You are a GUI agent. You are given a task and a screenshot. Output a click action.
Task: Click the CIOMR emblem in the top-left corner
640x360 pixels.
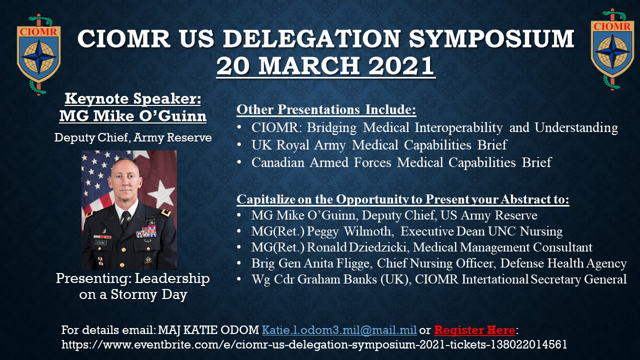[x=38, y=54]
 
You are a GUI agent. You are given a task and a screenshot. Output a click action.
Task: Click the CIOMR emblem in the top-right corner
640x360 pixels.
[x=612, y=49]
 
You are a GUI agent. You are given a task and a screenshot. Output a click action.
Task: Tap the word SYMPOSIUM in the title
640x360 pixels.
[x=491, y=38]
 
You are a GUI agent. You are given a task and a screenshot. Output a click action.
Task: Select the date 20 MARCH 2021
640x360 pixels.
[x=325, y=66]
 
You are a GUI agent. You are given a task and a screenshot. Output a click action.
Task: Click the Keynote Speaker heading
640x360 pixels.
[x=133, y=99]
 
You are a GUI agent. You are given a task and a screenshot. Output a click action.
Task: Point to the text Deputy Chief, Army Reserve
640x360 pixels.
[x=133, y=137]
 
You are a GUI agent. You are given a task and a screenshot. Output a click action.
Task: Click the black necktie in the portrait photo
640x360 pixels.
[x=125, y=220]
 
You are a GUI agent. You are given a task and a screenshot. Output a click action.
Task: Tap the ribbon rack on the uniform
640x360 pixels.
[x=146, y=231]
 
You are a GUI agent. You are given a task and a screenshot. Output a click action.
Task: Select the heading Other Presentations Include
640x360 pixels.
[x=326, y=109]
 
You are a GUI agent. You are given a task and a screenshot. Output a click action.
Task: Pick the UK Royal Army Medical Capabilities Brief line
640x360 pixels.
[x=379, y=145]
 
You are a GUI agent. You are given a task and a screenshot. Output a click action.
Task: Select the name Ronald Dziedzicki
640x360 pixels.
[x=356, y=247]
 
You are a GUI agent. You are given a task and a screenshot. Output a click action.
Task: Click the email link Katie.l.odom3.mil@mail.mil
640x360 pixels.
[x=339, y=330]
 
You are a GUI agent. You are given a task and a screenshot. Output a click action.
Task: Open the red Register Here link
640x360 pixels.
[x=474, y=330]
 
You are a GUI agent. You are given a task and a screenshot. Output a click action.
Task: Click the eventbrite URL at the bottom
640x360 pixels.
[x=314, y=344]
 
